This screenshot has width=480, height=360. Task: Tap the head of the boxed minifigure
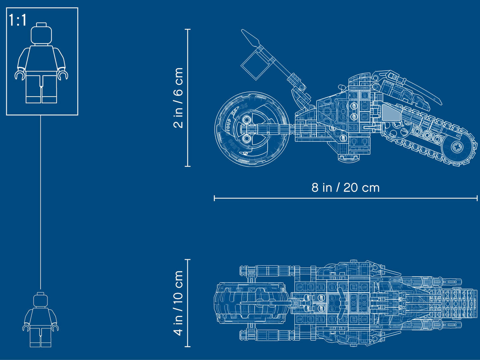pos(42,34)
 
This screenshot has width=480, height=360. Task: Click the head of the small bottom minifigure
pos(41,300)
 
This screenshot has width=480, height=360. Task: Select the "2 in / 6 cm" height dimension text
pos(178,98)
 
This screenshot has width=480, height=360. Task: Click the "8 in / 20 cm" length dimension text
pos(345,188)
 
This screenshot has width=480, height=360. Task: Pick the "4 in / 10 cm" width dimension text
pos(178,303)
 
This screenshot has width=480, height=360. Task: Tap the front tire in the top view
pos(249,303)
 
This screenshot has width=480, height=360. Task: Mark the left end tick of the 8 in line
pos(215,198)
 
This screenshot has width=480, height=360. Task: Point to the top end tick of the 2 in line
pos(188,30)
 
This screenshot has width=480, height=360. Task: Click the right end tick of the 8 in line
pos(477,198)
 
